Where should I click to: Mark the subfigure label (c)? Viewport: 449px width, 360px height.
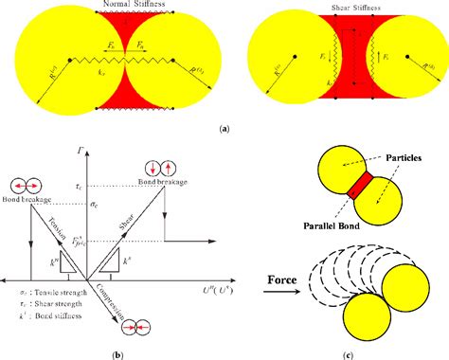click(378, 352)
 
